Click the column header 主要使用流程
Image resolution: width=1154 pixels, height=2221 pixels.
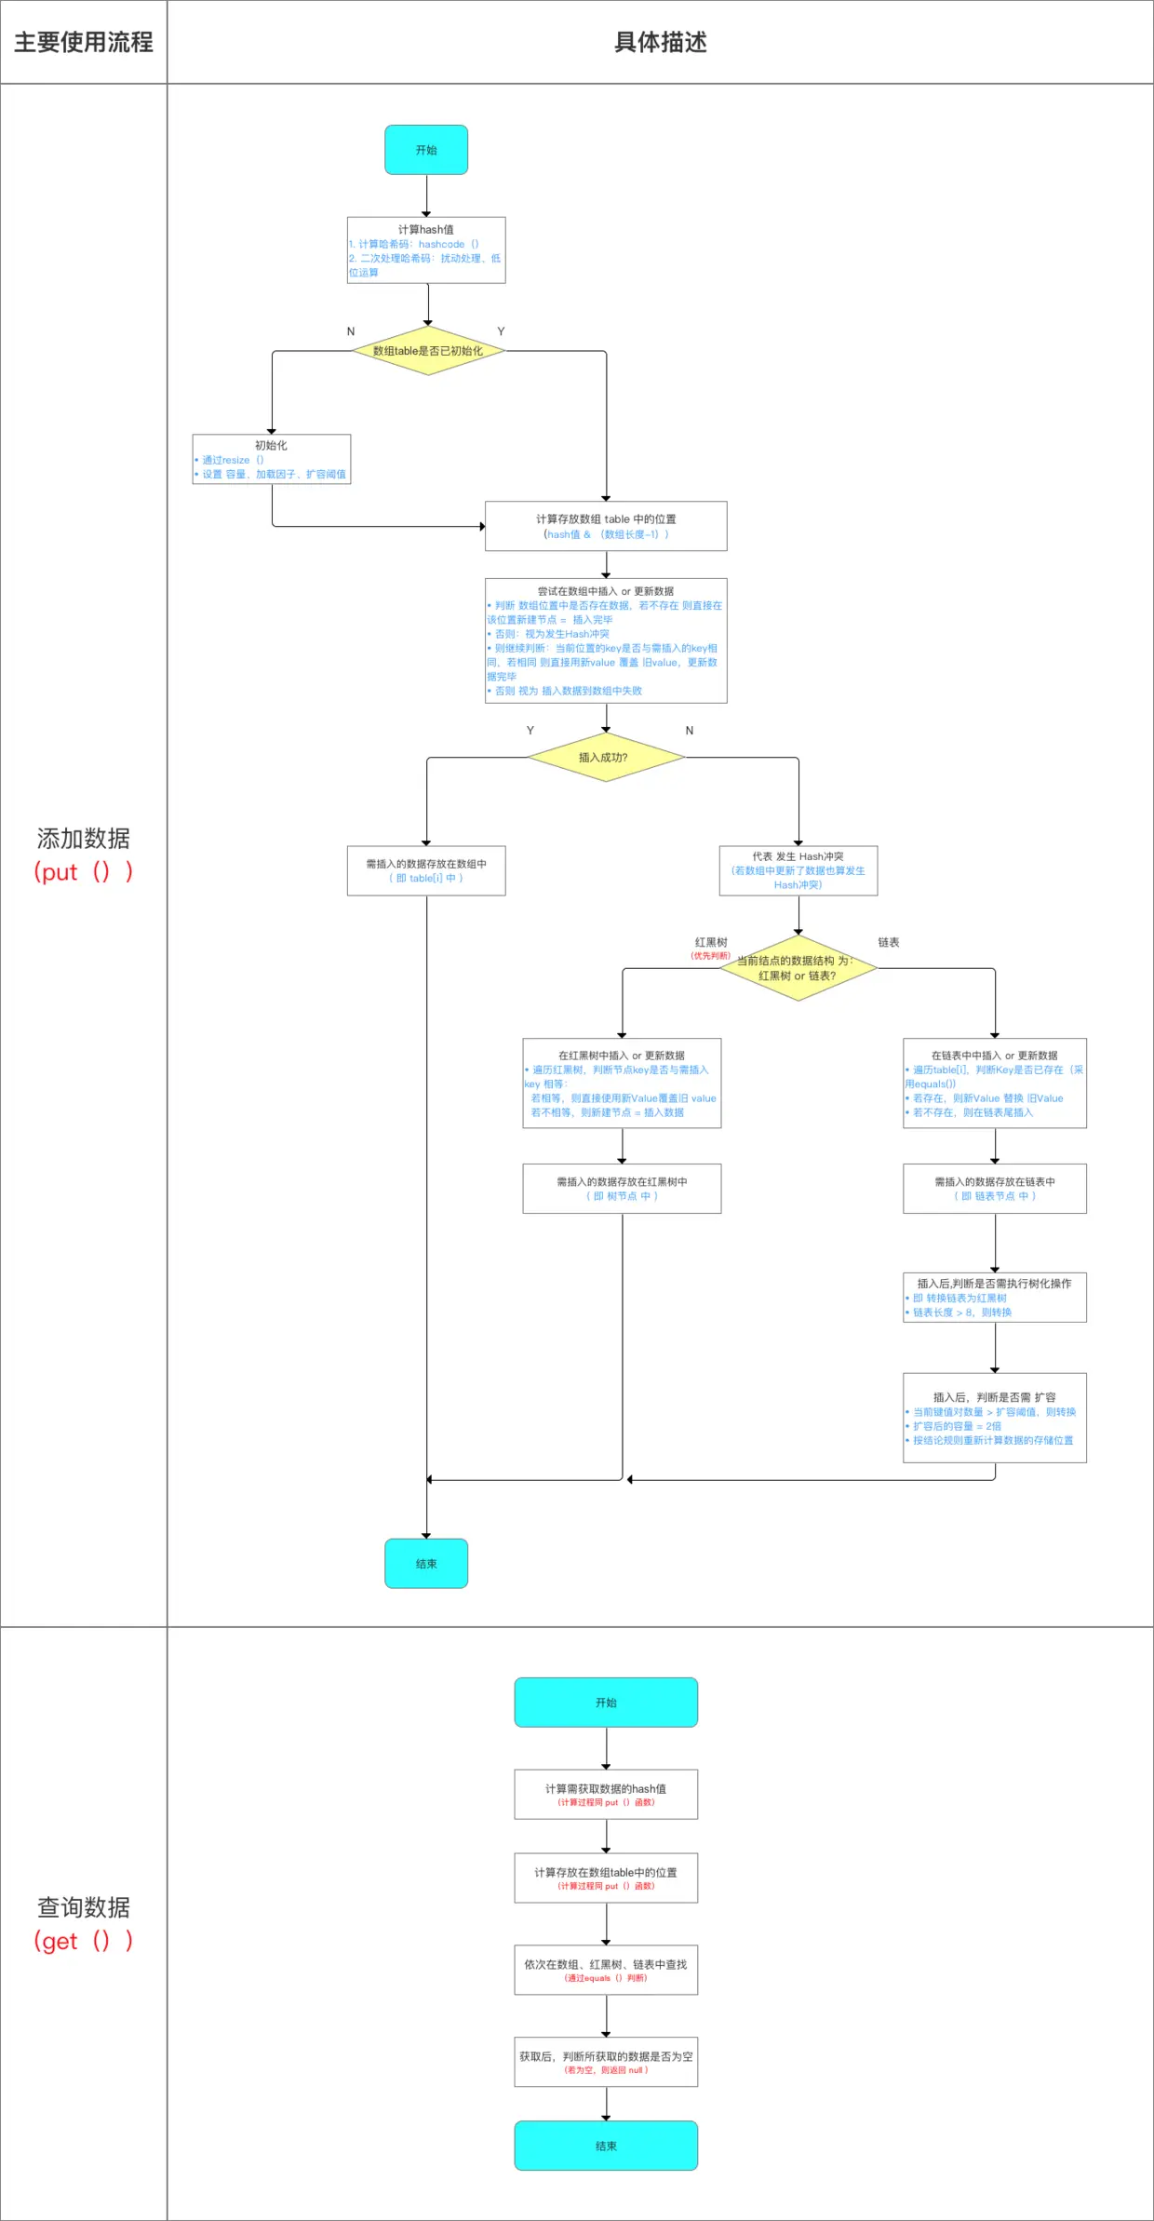click(83, 42)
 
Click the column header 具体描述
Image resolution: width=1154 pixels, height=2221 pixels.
click(660, 42)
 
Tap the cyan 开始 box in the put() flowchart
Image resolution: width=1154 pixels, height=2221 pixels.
click(426, 150)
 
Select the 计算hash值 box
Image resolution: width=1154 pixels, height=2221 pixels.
click(426, 249)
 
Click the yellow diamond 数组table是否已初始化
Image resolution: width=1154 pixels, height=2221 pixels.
click(428, 351)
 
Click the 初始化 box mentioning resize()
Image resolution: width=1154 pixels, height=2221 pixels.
click(272, 459)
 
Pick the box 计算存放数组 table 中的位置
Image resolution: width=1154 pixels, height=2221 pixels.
click(606, 526)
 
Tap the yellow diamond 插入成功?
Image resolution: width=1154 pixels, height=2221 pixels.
click(606, 757)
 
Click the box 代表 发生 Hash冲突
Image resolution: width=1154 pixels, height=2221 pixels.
click(798, 870)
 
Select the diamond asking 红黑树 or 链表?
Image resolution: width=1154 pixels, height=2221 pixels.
click(798, 968)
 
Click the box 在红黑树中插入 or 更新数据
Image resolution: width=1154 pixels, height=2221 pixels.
click(622, 1083)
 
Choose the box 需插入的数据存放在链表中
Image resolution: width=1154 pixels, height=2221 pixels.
click(994, 1188)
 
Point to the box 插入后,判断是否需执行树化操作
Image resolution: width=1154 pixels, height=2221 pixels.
click(994, 1297)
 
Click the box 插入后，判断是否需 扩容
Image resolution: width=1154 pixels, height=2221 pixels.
click(994, 1417)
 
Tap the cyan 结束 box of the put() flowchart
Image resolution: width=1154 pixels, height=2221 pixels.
click(426, 1563)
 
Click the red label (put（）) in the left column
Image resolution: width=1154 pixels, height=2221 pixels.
click(83, 872)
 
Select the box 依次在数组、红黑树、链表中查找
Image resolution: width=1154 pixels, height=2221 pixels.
click(606, 1969)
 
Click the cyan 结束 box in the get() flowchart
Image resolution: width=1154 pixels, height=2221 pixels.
click(606, 2145)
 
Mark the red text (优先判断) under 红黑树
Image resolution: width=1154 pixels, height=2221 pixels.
click(710, 956)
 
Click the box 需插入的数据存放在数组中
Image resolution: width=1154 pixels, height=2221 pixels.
click(426, 870)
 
